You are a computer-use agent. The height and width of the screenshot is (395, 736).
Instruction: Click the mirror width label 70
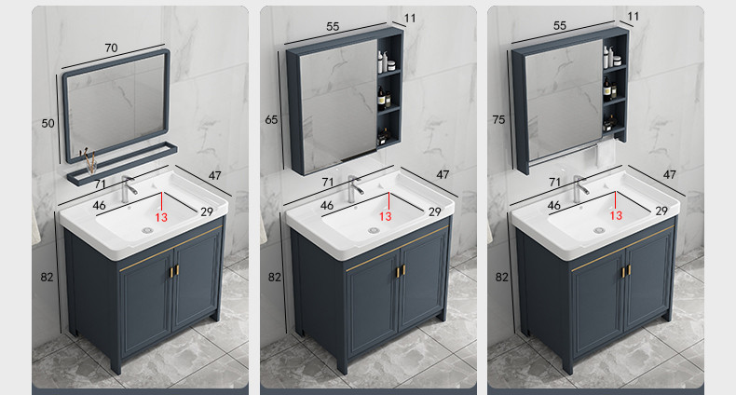point(111,48)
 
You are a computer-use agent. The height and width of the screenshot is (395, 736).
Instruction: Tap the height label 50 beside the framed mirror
point(48,123)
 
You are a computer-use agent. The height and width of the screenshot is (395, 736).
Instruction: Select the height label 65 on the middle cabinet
point(271,120)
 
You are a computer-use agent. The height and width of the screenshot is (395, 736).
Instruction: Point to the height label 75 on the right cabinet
point(499,120)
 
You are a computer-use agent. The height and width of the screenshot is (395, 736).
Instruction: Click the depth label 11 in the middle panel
point(410,19)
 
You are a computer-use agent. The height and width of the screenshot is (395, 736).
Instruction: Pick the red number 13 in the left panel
point(161,217)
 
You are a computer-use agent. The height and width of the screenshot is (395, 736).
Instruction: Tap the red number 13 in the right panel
point(616,215)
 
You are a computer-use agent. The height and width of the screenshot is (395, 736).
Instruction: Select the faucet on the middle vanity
point(354,187)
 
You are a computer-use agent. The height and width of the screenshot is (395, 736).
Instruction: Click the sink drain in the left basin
point(148,230)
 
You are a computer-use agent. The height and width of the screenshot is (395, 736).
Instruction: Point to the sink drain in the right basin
point(599,230)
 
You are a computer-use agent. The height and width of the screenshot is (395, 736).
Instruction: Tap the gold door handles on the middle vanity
point(401,271)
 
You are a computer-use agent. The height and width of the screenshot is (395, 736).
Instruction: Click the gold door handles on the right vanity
point(626,271)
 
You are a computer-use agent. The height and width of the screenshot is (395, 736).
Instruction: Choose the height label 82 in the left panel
point(47,278)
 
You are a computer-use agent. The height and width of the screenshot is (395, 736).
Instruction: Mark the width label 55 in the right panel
point(560,26)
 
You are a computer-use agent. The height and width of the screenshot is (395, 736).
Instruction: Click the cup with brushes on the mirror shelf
point(89,161)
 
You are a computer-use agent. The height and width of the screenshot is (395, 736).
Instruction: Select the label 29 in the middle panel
point(435,212)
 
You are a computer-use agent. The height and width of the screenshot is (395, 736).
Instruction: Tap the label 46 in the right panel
point(554,206)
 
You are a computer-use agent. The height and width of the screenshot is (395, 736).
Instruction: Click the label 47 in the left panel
point(214,175)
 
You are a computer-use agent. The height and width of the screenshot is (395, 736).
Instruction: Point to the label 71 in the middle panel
point(328,182)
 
